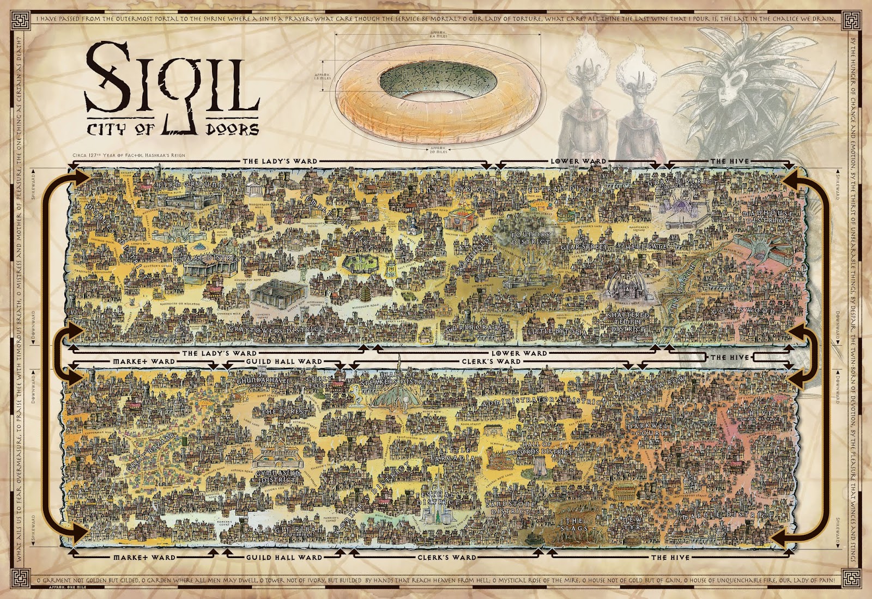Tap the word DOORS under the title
[232, 130]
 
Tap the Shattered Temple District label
[629, 322]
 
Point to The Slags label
[575, 524]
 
